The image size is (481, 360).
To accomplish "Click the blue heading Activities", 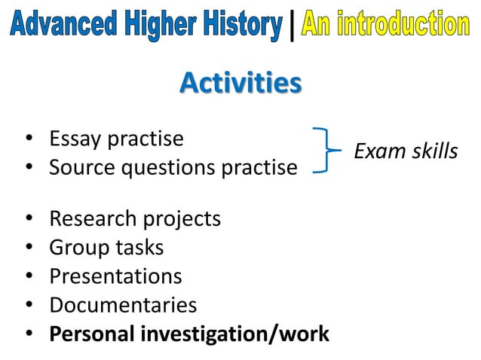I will [x=240, y=84].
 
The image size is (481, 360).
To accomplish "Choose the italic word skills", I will [x=434, y=152].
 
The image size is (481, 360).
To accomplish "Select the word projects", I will [x=183, y=220].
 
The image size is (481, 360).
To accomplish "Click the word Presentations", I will [x=115, y=276].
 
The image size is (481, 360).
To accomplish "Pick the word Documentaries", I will [x=123, y=305].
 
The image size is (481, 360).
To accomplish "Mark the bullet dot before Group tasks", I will [x=29, y=248].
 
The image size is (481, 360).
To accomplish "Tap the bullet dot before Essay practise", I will [x=29, y=139].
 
